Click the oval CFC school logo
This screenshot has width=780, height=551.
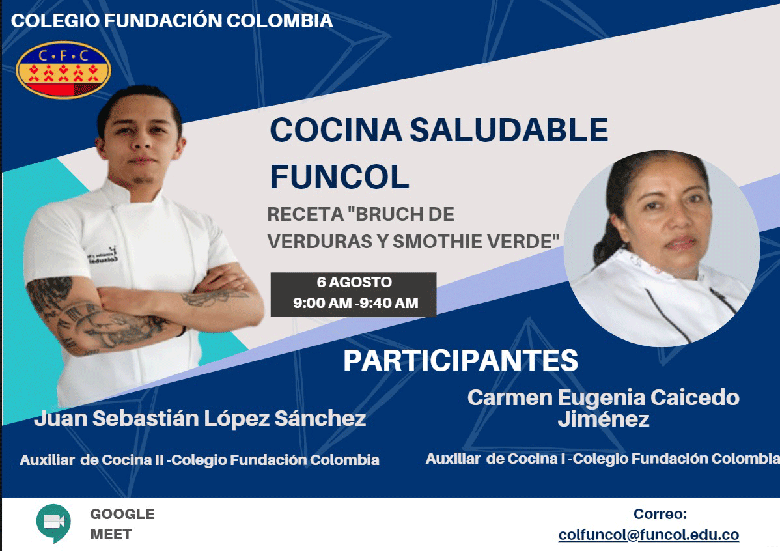(x=64, y=70)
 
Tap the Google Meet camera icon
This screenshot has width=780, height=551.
(x=54, y=523)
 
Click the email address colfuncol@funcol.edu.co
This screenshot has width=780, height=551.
(x=648, y=535)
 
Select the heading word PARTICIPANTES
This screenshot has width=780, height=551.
(x=460, y=360)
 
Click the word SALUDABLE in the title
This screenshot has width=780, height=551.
(x=509, y=130)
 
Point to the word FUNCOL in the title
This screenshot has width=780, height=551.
(x=340, y=177)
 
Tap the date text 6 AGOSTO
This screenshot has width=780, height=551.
(x=354, y=282)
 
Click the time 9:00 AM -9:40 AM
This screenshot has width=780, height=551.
(x=355, y=303)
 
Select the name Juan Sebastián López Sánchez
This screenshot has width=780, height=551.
(x=200, y=419)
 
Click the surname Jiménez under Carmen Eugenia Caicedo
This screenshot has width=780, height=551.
(x=604, y=419)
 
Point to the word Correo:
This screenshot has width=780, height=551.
(x=660, y=514)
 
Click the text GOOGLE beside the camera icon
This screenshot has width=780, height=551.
(x=122, y=514)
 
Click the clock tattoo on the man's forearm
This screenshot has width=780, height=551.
(x=72, y=322)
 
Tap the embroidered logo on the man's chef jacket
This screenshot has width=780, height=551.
(x=102, y=255)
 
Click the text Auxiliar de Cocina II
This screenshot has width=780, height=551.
(x=92, y=459)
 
